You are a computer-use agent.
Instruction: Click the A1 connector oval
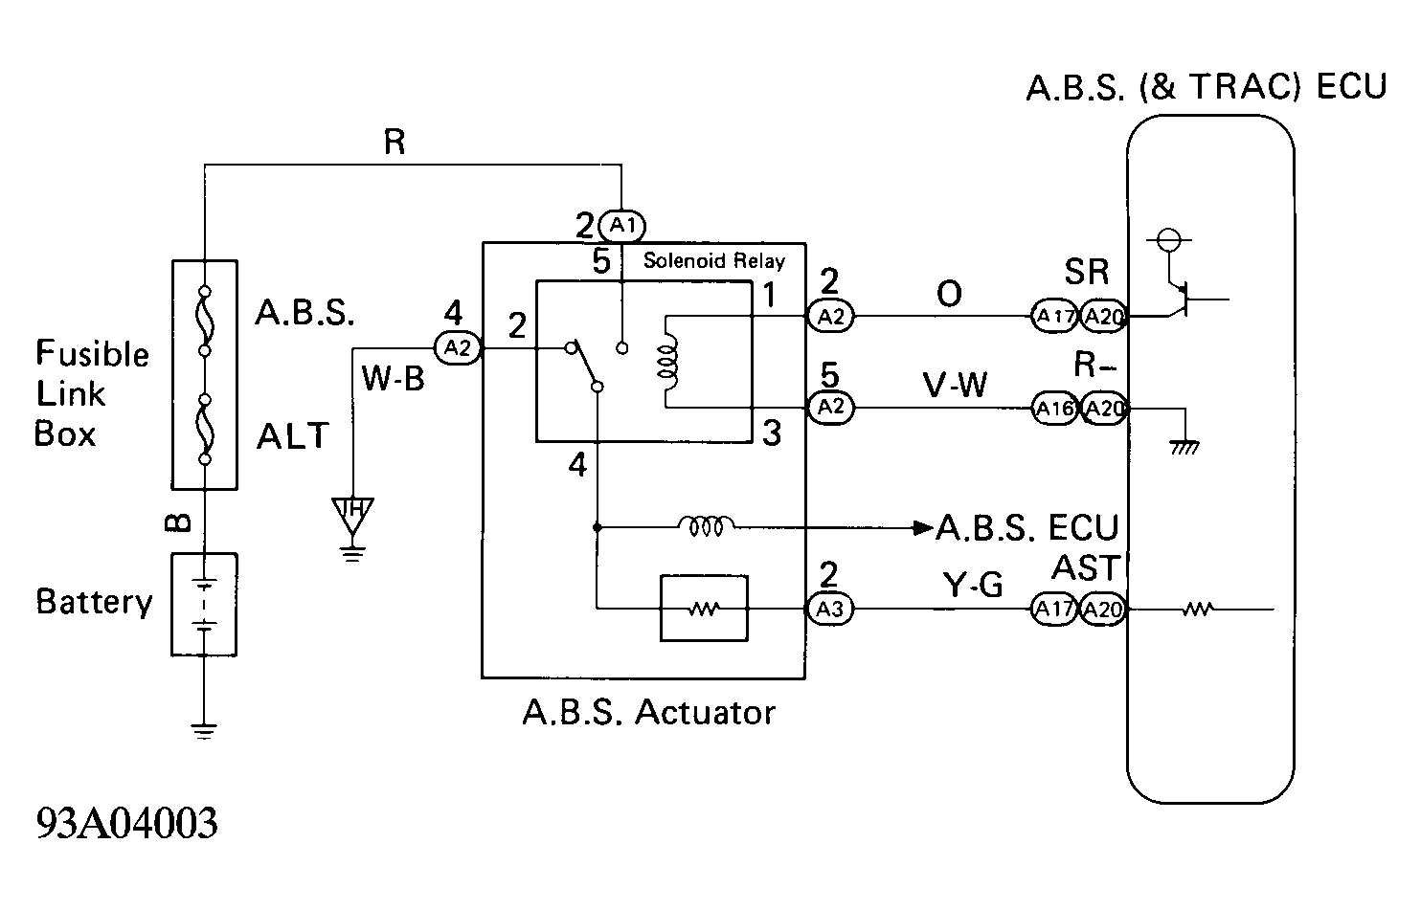621,225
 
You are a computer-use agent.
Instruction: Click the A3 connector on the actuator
830,609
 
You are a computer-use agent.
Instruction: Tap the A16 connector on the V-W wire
1054,409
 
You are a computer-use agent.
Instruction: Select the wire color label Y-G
972,584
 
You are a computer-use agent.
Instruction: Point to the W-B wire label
393,379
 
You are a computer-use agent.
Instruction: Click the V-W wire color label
955,385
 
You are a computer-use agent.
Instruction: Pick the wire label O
949,295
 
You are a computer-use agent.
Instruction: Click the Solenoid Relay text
713,260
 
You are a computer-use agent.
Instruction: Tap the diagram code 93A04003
126,823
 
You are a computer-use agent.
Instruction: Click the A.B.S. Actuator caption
648,712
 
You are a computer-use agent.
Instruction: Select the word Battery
94,602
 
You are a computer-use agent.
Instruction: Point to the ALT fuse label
292,435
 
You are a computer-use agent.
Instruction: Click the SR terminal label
1086,272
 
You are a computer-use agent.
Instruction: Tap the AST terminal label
1086,567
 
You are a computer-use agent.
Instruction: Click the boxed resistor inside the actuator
704,609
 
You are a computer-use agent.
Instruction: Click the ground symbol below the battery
204,731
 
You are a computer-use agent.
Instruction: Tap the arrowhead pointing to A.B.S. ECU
923,527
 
